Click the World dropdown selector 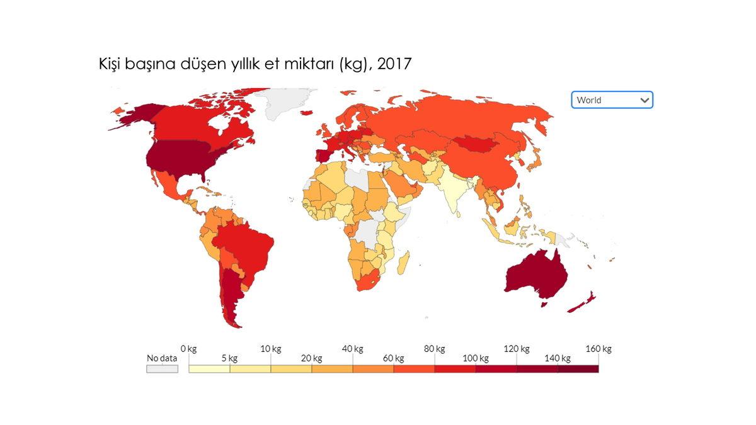[x=612, y=99]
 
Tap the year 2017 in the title [x=394, y=64]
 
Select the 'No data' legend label [x=162, y=358]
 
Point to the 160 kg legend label [x=598, y=349]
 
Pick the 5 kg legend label [x=229, y=358]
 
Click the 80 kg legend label [x=434, y=349]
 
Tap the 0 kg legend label [x=188, y=349]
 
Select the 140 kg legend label [x=558, y=358]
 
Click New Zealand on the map [x=583, y=302]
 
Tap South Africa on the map [x=369, y=280]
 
